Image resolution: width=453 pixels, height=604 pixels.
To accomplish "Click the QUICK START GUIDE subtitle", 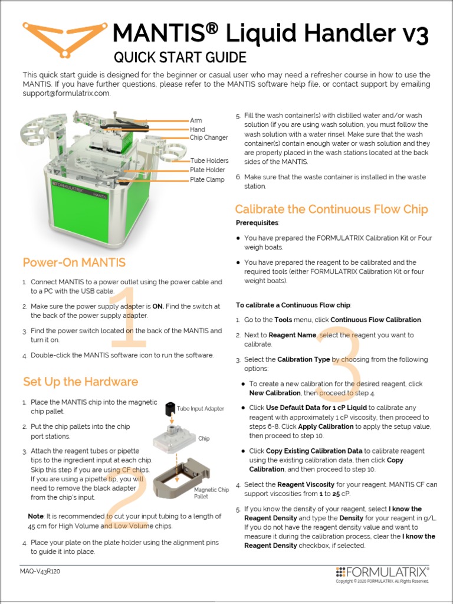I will coord(179,57).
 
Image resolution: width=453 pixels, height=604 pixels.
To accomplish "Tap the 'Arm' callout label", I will coord(195,120).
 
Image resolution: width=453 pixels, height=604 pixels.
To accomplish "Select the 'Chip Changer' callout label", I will coord(208,138).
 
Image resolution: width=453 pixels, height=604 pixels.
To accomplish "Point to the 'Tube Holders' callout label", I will coord(209,160).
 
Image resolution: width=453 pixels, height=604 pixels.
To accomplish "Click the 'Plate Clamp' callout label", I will coord(207,180).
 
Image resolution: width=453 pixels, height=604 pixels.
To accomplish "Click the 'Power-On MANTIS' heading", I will coord(74,262).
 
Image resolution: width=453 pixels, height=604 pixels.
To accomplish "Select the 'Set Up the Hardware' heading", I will coord(80,382).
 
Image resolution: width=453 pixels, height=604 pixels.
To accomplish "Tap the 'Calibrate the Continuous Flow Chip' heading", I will coord(331,209).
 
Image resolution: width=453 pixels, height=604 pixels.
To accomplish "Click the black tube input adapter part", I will coord(169,409).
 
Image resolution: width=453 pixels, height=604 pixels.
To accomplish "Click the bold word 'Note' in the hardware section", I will coord(36,516).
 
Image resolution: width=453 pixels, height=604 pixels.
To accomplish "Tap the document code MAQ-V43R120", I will coord(44,572).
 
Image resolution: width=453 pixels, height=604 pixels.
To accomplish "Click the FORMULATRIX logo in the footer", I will coord(382,572).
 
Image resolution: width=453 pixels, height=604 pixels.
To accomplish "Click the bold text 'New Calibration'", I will coord(274,393).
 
